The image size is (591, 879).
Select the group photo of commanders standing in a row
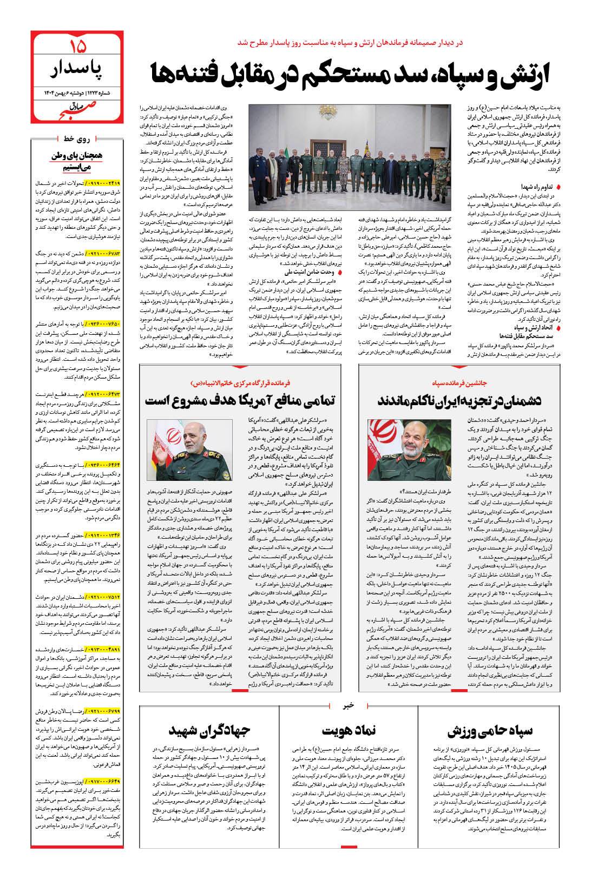point(350,157)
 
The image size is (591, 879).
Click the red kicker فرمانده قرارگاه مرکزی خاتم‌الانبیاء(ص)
point(240,382)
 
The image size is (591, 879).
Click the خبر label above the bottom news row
point(349,705)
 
